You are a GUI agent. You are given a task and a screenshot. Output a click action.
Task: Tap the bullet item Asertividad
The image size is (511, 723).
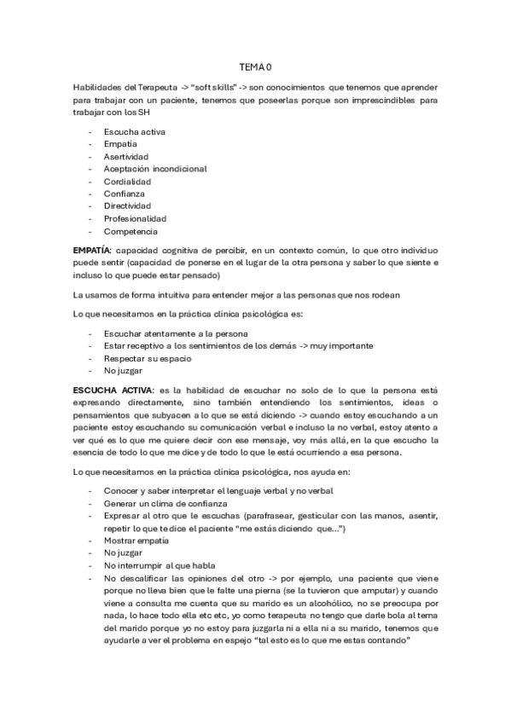[126, 157]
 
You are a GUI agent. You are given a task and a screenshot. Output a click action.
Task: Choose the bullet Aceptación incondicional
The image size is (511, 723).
[155, 169]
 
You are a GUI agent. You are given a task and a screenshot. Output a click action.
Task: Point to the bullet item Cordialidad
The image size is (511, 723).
[127, 182]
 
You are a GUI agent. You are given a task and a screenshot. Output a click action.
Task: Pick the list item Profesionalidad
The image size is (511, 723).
[135, 218]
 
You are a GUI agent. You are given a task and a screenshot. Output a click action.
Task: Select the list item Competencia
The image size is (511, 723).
[131, 231]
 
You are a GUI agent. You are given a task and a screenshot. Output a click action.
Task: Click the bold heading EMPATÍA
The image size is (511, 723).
[92, 252]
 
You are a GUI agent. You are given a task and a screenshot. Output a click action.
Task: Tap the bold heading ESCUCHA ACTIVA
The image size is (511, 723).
[107, 389]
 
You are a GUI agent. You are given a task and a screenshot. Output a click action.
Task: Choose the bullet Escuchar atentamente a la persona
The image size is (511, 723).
[176, 333]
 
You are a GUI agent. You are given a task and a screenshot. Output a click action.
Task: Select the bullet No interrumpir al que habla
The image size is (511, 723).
[159, 564]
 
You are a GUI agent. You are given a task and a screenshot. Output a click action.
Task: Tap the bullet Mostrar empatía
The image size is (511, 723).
[136, 541]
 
